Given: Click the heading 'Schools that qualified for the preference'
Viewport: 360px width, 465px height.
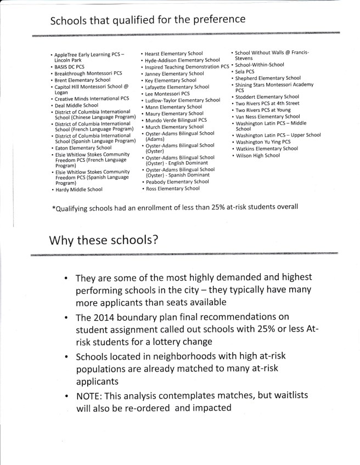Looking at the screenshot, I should pyautogui.click(x=147, y=20).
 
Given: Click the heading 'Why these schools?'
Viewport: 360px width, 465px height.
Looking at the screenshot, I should pyautogui.click(x=105, y=241).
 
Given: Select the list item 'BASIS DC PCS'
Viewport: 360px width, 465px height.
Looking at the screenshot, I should pyautogui.click(x=69, y=66).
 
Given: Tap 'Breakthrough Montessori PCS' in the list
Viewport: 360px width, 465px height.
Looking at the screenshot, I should pyautogui.click(x=88, y=73).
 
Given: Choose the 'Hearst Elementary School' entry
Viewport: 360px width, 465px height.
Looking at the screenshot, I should pyautogui.click(x=173, y=54).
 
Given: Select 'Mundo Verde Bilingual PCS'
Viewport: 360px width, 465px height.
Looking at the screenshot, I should pyautogui.click(x=176, y=120).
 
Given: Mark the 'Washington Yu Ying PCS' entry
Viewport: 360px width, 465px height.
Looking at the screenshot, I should pyautogui.click(x=263, y=142).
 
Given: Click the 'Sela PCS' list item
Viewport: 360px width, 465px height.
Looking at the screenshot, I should pyautogui.click(x=245, y=71).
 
